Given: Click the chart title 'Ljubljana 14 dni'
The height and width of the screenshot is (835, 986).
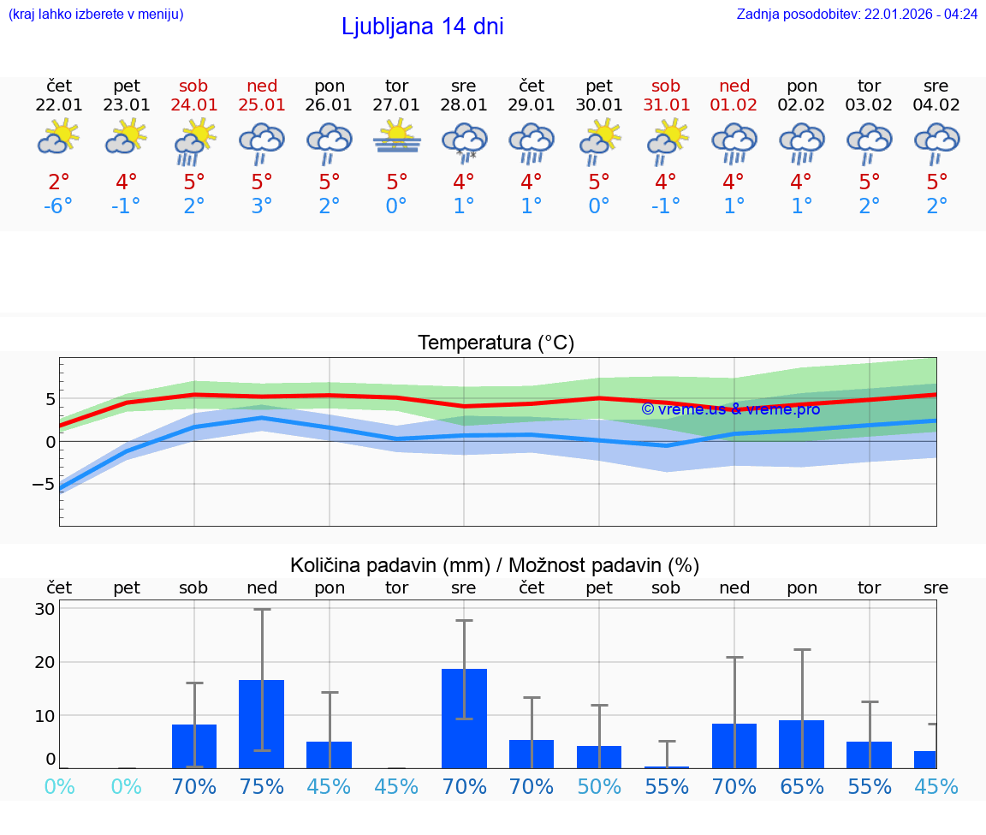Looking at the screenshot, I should click(422, 27).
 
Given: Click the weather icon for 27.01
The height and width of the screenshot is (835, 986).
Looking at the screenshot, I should click(396, 138).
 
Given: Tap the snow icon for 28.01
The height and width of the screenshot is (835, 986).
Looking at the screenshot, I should click(464, 141).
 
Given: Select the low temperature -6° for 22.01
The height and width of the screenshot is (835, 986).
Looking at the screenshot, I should click(59, 207).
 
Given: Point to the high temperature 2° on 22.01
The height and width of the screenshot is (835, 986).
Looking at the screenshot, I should click(59, 182).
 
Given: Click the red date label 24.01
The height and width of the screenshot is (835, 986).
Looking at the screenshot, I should click(194, 105).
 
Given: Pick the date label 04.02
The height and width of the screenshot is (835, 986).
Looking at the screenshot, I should click(936, 105).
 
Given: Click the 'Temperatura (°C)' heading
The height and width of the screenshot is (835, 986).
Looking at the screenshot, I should click(496, 343).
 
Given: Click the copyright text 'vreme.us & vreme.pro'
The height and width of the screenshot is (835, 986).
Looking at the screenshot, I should click(730, 409).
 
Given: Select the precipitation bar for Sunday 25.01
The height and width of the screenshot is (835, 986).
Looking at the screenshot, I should click(262, 724).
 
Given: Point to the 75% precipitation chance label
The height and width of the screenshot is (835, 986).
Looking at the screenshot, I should click(262, 786).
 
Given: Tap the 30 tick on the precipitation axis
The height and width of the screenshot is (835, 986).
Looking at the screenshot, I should click(45, 609).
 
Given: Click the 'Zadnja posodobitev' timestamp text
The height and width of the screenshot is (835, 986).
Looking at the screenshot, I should click(857, 15).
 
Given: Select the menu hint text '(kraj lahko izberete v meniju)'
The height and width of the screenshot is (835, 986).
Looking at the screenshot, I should click(96, 15).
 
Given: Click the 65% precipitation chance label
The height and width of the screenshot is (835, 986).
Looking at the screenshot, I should click(802, 786).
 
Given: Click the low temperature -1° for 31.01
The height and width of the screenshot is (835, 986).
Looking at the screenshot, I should click(666, 207).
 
